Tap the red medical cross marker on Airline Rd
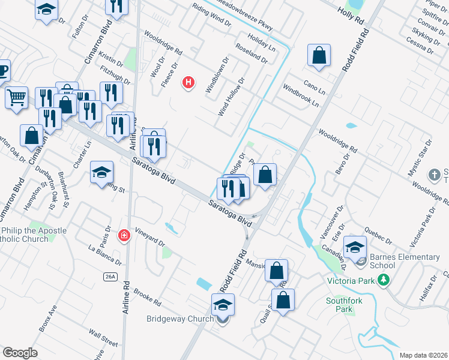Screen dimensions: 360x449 (124, 235)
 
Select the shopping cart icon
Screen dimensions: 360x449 (17, 97)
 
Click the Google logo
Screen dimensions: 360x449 (20, 353)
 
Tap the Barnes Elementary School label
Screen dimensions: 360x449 (405, 262)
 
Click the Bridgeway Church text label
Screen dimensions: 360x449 (179, 319)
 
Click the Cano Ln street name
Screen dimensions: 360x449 (314, 88)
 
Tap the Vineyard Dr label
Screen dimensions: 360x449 (149, 238)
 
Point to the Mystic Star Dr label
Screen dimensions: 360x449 (420, 157)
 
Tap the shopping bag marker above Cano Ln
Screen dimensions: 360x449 (319, 55)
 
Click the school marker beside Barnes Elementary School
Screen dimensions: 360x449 (355, 247)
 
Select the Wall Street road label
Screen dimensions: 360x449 (103, 338)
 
